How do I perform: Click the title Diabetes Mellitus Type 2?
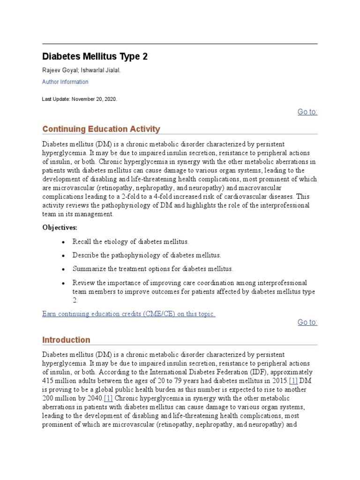click(95, 57)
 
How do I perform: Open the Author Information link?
click(65, 82)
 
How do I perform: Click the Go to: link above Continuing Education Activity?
click(307, 112)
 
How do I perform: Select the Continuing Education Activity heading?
click(101, 129)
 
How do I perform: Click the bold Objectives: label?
click(60, 227)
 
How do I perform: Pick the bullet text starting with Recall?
click(130, 242)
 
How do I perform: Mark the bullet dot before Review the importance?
click(64, 283)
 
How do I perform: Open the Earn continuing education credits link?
click(128, 314)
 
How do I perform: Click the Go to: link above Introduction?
click(307, 322)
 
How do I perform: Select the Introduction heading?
click(66, 340)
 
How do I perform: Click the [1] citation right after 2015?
click(293, 381)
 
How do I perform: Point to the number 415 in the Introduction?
click(48, 381)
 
